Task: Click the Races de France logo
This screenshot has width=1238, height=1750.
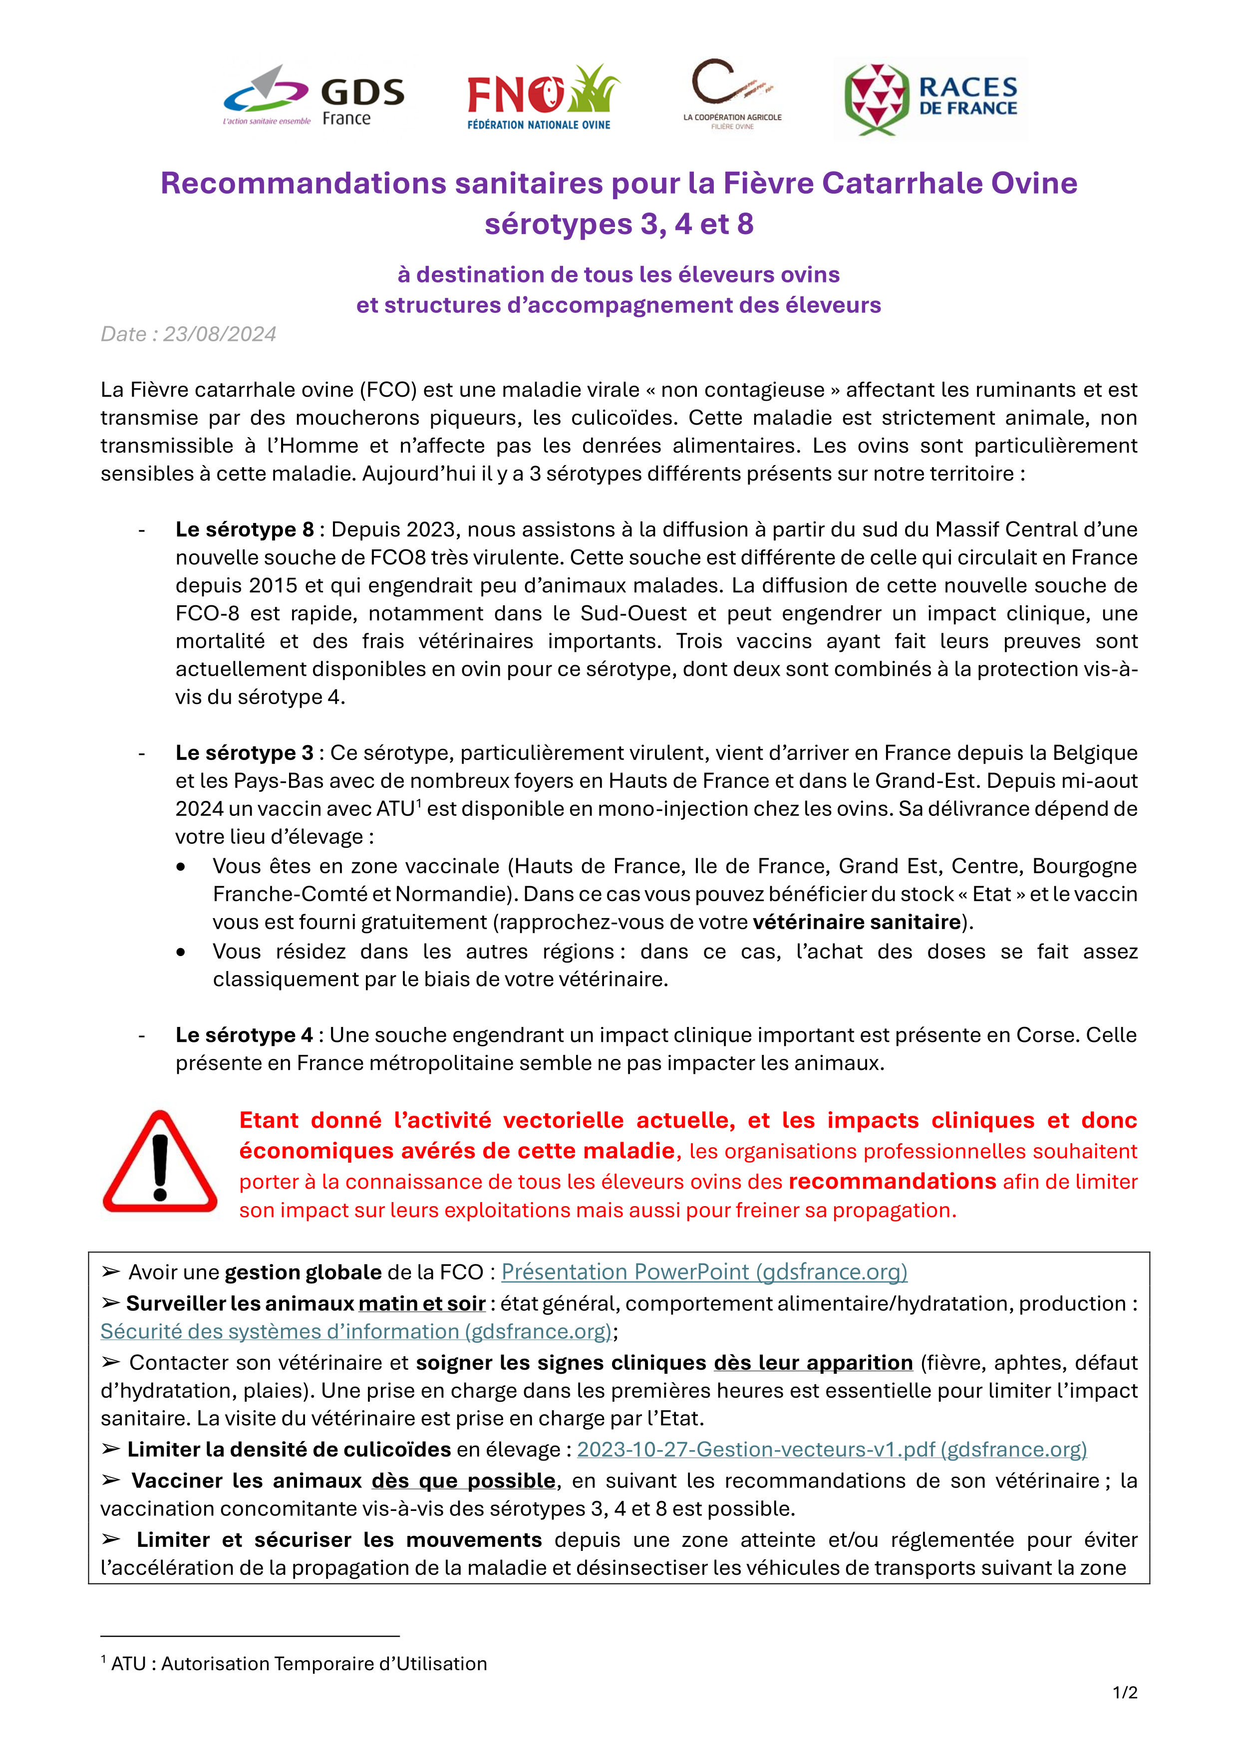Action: [x=931, y=100]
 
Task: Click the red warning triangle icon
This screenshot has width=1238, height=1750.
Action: [x=160, y=1162]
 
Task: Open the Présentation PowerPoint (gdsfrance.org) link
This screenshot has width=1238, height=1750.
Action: [x=704, y=1272]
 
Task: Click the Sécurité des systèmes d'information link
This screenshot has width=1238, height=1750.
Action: [x=356, y=1331]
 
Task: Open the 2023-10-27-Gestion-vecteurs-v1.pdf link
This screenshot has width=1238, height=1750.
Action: [x=831, y=1449]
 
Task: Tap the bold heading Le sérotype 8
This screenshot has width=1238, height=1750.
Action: [x=245, y=530]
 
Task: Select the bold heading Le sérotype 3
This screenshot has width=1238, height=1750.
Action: [x=245, y=753]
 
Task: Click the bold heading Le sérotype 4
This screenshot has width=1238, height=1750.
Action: [x=244, y=1035]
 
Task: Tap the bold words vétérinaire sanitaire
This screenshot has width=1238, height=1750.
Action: [x=856, y=922]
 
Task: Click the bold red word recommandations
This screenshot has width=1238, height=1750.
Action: [x=892, y=1182]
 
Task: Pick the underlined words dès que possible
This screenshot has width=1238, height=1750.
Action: [x=463, y=1481]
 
